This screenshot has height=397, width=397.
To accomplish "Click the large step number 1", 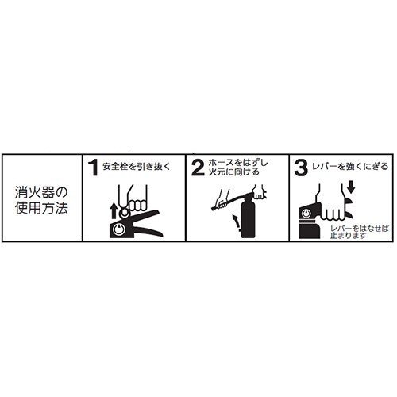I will [x=93, y=168].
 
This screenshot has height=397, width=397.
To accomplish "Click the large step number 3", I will [x=300, y=168].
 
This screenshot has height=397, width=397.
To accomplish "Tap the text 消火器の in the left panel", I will [x=40, y=191].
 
